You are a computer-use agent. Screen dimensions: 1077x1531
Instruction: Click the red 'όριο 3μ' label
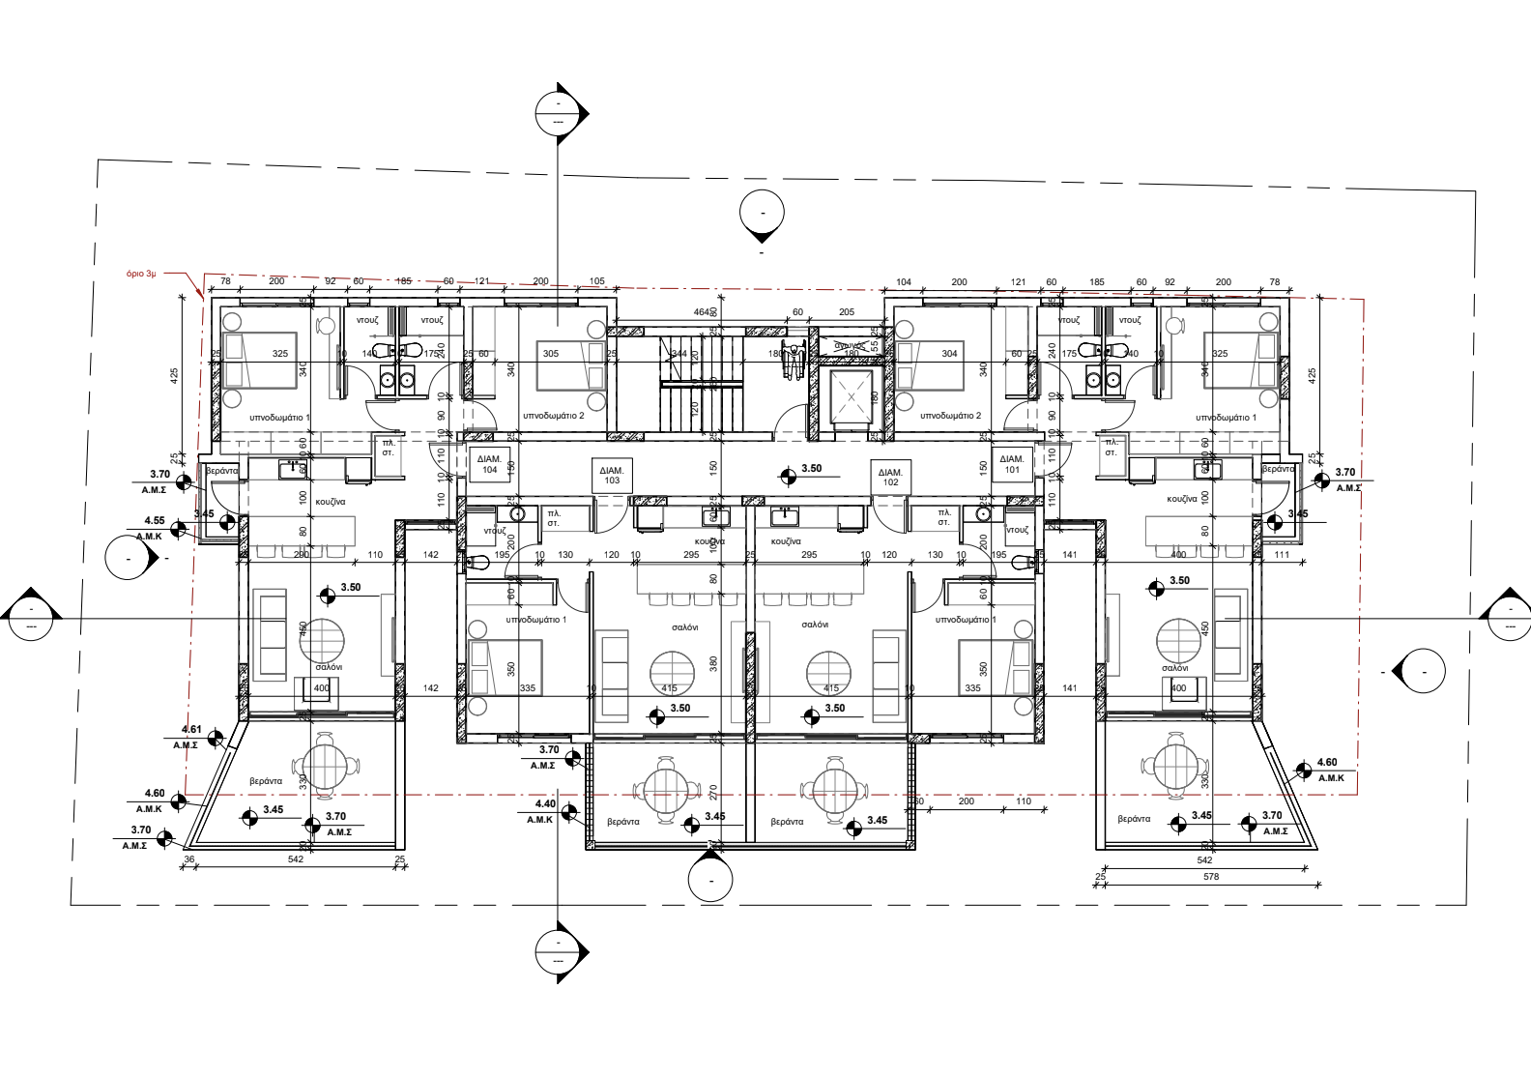[x=141, y=275]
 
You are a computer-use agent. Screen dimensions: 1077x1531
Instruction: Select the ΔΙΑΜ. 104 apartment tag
[x=489, y=465]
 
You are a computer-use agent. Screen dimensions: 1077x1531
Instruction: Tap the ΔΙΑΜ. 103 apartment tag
[x=612, y=475]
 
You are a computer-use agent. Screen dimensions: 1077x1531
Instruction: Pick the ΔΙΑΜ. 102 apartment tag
[x=890, y=477]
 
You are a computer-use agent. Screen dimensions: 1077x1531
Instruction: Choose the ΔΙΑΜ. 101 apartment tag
[x=1011, y=464]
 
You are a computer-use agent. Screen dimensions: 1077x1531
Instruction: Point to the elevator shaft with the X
[x=852, y=396]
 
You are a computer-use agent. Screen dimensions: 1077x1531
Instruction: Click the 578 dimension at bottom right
[x=1211, y=877]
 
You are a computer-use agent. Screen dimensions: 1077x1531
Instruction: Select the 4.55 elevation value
[x=154, y=521]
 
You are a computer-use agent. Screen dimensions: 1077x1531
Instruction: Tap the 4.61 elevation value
[x=191, y=730]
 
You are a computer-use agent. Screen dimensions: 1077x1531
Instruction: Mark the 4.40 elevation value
[x=545, y=804]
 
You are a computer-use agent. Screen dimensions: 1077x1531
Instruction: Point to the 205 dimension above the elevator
[x=847, y=312]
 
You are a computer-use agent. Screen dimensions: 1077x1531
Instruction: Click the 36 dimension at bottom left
[x=189, y=859]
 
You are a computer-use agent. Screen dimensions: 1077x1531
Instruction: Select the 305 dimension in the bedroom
[x=551, y=354]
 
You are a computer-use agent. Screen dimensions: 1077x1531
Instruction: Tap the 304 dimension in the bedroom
[x=949, y=354]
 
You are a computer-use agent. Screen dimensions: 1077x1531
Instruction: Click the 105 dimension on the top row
[x=597, y=282]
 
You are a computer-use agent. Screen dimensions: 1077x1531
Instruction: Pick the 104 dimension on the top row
[x=904, y=282]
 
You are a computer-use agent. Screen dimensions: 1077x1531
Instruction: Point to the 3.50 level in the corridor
[x=811, y=469]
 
